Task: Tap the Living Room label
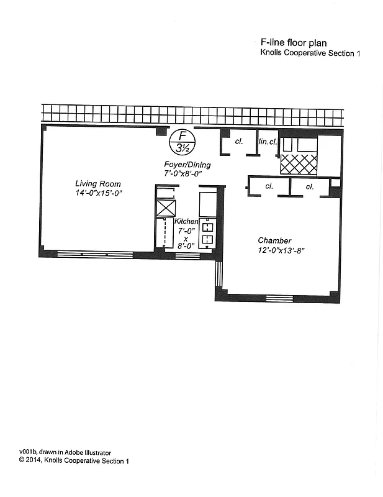pos(98,184)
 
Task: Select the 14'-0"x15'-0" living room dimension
pos(98,193)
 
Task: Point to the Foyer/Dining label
pos(187,165)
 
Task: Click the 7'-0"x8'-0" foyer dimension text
pos(187,174)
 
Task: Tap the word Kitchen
pos(186,222)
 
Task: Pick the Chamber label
pos(275,240)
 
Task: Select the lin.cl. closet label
pos(268,142)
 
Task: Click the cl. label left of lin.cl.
pos(238,142)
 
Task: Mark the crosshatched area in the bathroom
pos(299,165)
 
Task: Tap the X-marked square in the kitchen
pos(166,207)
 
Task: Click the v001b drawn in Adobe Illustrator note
pos(65,452)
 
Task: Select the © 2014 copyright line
pos(74,461)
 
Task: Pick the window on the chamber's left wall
pos(219,274)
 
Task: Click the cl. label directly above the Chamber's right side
pos(309,186)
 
